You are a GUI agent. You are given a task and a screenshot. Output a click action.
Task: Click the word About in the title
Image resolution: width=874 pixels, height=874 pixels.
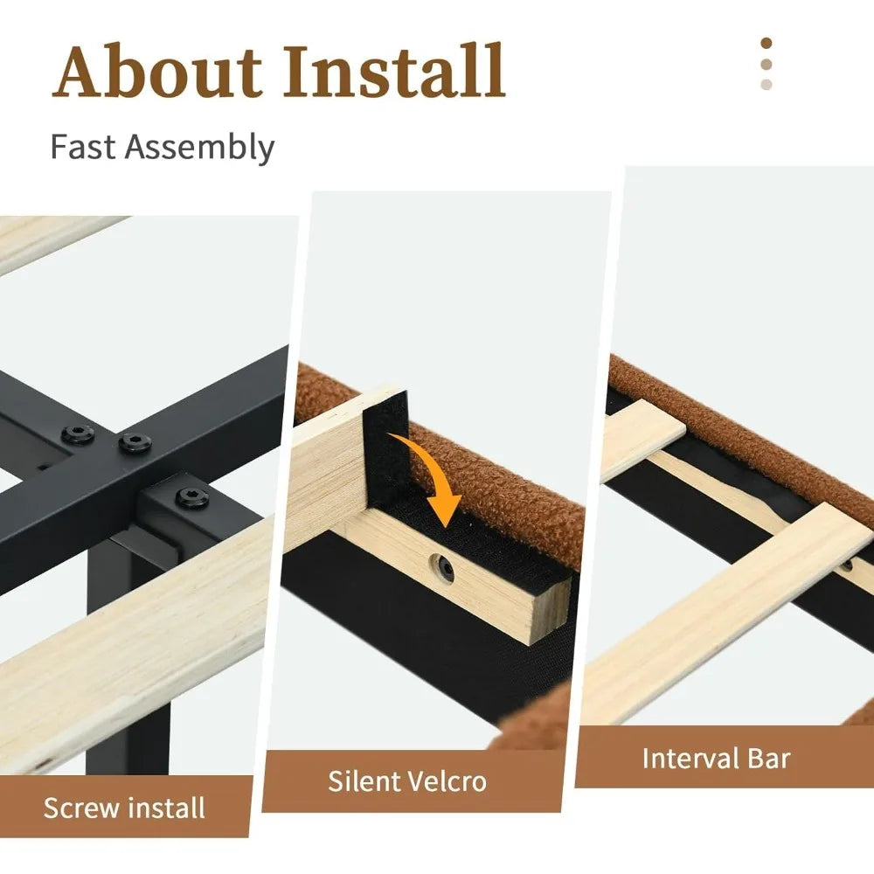(156, 71)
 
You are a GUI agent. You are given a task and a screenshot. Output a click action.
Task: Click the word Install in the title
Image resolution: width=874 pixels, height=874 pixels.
(394, 71)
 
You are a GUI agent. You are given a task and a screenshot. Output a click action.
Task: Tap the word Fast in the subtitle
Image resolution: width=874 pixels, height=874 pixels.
(83, 147)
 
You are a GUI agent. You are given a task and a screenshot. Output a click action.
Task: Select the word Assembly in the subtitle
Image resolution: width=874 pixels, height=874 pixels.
(199, 149)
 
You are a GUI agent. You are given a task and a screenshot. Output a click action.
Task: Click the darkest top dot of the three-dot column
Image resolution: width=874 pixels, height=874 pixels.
(766, 44)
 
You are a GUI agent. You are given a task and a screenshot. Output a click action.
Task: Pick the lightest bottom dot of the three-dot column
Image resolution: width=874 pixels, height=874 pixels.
(766, 85)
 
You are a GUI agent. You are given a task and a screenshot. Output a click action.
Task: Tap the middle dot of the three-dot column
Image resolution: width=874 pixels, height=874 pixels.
(766, 64)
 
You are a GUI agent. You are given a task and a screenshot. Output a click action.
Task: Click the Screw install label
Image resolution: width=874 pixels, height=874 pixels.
(124, 808)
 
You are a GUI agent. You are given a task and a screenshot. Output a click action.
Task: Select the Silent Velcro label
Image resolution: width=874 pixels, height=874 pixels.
(407, 780)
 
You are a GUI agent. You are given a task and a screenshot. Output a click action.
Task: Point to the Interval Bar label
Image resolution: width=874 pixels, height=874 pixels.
(716, 759)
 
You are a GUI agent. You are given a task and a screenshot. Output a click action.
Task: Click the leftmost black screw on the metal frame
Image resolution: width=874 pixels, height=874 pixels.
(78, 434)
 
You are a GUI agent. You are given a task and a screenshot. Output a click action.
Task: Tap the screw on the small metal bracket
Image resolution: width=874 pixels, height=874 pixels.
(192, 496)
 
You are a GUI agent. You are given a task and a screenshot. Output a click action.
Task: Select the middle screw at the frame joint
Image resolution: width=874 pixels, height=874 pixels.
(135, 442)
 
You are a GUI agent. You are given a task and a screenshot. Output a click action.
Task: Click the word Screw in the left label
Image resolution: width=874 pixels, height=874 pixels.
(81, 808)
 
